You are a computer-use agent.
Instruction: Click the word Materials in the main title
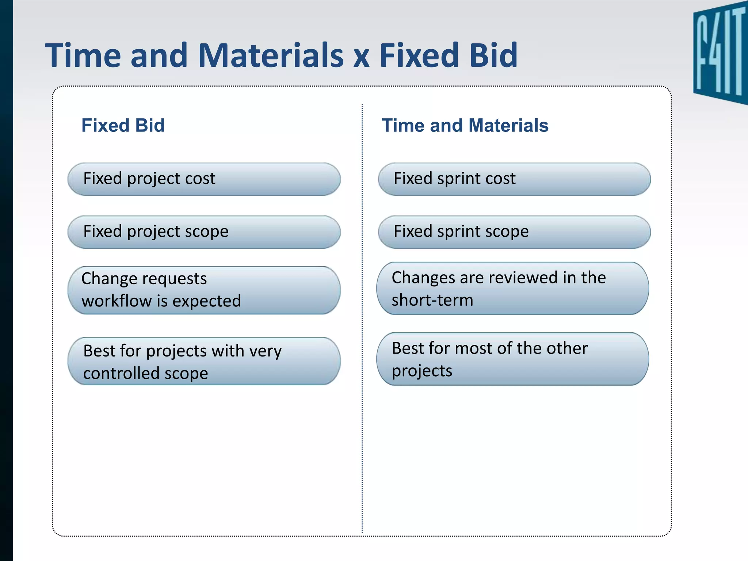pyautogui.click(x=271, y=56)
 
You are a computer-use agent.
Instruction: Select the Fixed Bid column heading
pyautogui.click(x=123, y=125)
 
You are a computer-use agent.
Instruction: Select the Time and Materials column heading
pyautogui.click(x=465, y=125)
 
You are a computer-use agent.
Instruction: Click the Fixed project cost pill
pyautogui.click(x=204, y=179)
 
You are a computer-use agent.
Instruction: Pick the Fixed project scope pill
pyautogui.click(x=204, y=232)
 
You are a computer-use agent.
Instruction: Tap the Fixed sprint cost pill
pyautogui.click(x=514, y=179)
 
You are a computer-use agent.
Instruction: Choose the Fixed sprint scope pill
pyautogui.click(x=514, y=232)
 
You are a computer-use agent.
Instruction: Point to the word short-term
pyautogui.click(x=432, y=300)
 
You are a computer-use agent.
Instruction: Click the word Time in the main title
pyautogui.click(x=83, y=56)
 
